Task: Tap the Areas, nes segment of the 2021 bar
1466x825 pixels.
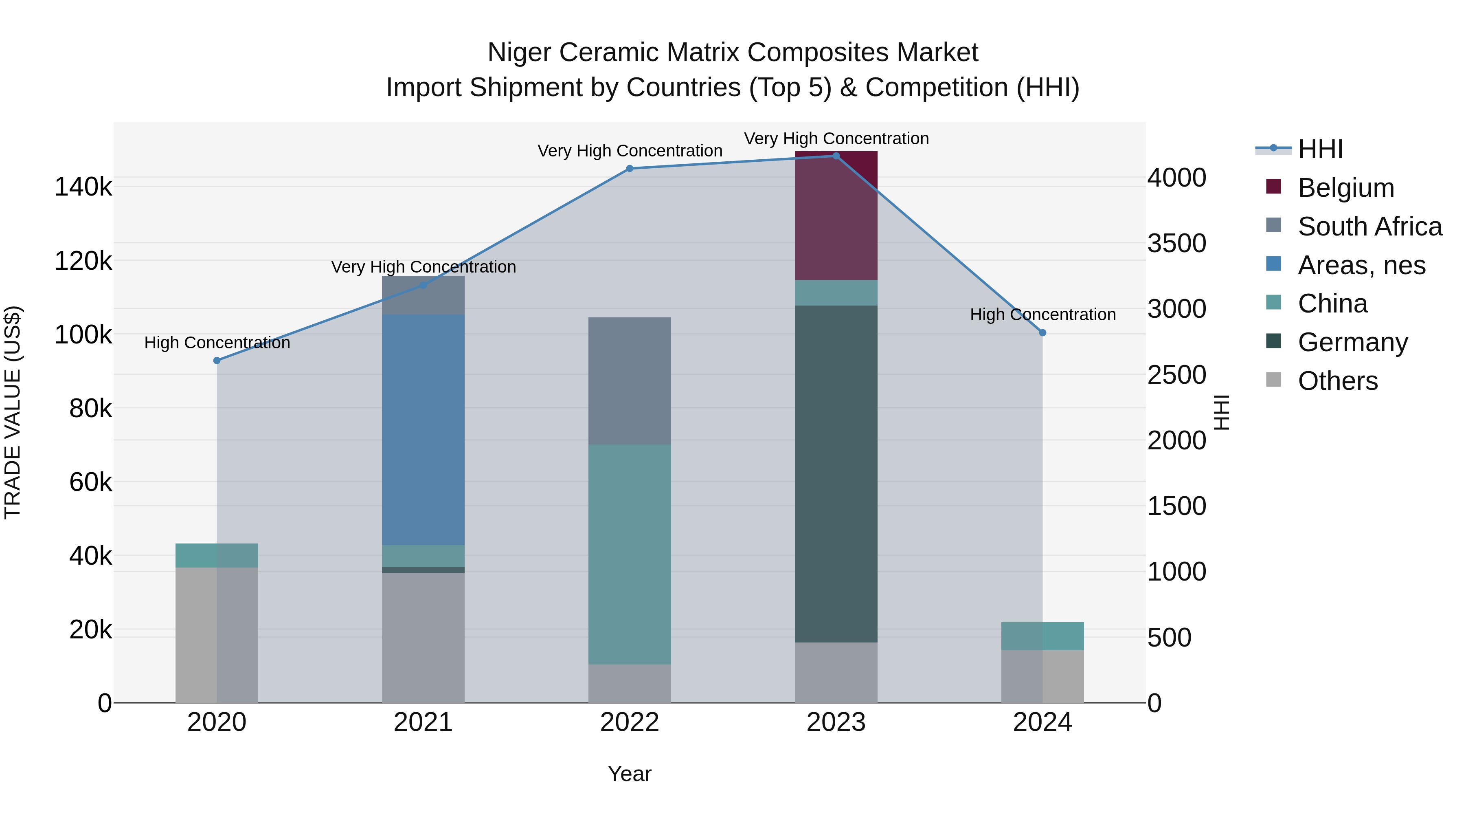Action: pyautogui.click(x=423, y=429)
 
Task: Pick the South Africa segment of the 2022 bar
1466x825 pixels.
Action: pyautogui.click(x=630, y=381)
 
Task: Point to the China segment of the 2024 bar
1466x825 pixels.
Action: pyautogui.click(x=1042, y=636)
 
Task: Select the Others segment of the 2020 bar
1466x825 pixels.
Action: pyautogui.click(x=216, y=634)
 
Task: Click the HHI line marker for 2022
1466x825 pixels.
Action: pyautogui.click(x=630, y=169)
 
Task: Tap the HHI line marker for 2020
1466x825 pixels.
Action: pyautogui.click(x=217, y=361)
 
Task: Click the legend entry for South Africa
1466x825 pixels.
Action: pyautogui.click(x=1369, y=227)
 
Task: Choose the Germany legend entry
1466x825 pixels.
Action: pyautogui.click(x=1352, y=342)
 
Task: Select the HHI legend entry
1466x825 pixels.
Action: pyautogui.click(x=1320, y=149)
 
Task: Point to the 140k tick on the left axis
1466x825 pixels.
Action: pyautogui.click(x=83, y=187)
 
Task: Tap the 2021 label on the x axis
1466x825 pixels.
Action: pyautogui.click(x=423, y=722)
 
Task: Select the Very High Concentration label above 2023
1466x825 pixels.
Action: pyautogui.click(x=836, y=139)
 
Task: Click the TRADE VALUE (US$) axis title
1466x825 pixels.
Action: pyautogui.click(x=13, y=412)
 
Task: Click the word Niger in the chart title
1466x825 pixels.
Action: pyautogui.click(x=519, y=53)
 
